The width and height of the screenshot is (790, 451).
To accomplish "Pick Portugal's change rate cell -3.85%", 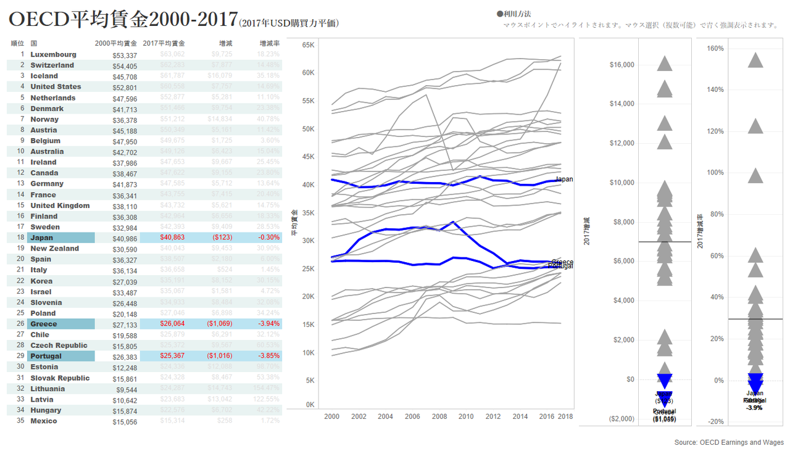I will (x=269, y=356).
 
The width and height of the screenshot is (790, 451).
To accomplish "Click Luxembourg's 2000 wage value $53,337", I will (x=124, y=55).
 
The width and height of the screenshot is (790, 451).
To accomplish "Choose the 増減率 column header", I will (x=270, y=43).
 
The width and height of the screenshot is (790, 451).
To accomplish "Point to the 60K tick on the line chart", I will (x=309, y=73).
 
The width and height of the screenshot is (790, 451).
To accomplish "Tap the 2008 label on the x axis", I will (x=439, y=416).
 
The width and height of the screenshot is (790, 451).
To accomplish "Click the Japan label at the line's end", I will (x=564, y=180).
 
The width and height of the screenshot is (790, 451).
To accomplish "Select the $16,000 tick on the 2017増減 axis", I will (x=622, y=64).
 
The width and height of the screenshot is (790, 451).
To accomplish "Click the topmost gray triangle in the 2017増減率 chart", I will (x=755, y=60).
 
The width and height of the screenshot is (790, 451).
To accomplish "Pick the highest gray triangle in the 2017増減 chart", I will (x=664, y=63).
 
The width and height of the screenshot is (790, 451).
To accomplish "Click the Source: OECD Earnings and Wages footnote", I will (x=729, y=442).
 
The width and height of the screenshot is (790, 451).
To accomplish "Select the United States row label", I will (x=56, y=86).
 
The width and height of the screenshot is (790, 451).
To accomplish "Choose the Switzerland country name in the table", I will (x=52, y=65).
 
